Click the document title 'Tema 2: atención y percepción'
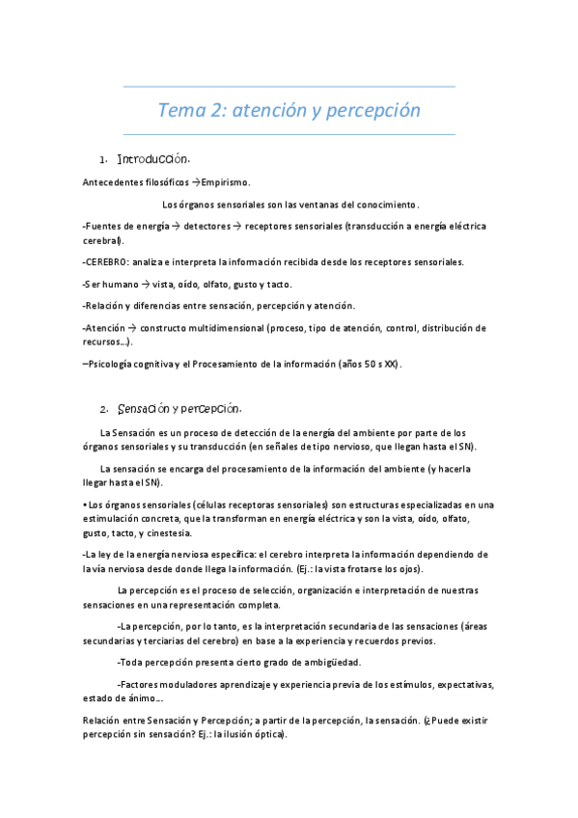[289, 110]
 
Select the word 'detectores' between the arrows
[206, 226]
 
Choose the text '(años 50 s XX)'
[370, 364]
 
